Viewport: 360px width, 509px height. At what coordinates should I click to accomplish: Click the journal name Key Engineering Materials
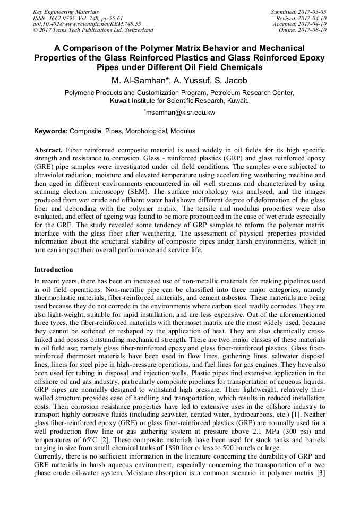click(x=65, y=12)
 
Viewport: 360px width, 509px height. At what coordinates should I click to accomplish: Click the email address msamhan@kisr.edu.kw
click(x=180, y=113)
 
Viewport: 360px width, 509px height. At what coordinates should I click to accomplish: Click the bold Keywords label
click(x=51, y=131)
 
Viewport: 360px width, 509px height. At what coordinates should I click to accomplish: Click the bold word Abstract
click(x=48, y=151)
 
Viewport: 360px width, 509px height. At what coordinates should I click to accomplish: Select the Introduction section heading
click(x=54, y=270)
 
